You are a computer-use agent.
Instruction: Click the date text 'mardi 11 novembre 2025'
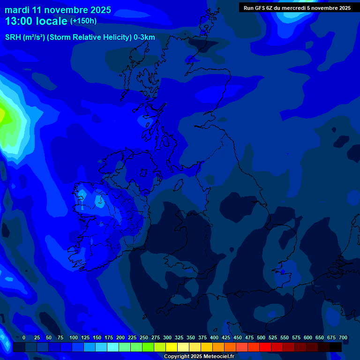click(58, 10)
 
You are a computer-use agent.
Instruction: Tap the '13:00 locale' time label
click(36, 21)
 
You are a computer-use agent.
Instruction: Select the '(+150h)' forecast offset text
click(83, 21)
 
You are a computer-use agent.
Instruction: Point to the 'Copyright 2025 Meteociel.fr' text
click(199, 356)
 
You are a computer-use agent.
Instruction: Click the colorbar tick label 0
click(24, 337)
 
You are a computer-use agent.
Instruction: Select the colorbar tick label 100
click(74, 337)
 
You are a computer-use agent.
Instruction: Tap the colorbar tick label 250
click(144, 337)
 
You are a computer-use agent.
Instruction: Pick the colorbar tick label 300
click(167, 337)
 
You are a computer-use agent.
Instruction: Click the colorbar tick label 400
click(214, 337)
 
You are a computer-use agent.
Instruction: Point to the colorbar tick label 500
click(261, 337)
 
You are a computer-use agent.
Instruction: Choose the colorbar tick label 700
click(343, 337)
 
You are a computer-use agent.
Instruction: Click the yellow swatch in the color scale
click(172, 347)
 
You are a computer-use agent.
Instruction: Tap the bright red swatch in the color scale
click(265, 347)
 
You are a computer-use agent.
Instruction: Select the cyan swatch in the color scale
click(113, 347)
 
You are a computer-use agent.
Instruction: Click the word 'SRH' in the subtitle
click(13, 37)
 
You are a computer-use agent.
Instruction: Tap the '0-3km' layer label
click(144, 37)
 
